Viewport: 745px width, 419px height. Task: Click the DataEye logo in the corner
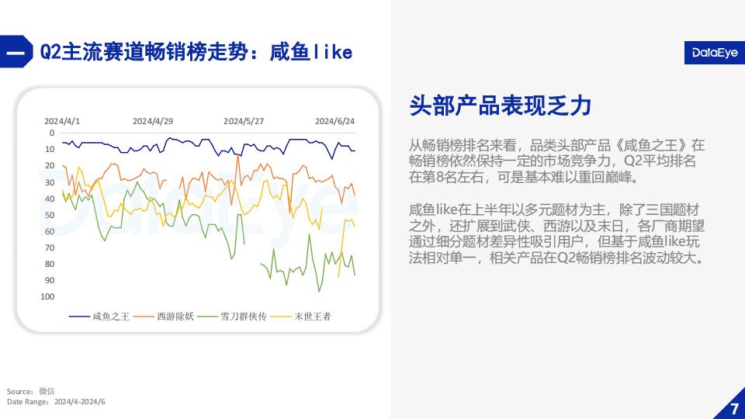coord(715,53)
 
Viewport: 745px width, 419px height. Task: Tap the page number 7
coord(734,409)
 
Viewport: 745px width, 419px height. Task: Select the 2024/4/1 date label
coord(62,121)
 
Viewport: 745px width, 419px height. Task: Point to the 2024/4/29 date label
coord(153,121)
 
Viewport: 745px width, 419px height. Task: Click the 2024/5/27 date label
coord(244,121)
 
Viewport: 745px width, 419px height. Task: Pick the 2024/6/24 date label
coord(334,121)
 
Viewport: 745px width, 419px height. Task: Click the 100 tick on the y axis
coord(47,296)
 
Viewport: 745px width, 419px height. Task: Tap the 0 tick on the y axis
coord(52,133)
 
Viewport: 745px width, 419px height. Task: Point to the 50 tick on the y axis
coord(50,215)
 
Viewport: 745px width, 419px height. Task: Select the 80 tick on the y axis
coord(50,264)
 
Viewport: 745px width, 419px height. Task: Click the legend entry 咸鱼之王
coord(99,317)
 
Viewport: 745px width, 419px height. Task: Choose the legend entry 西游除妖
coord(164,317)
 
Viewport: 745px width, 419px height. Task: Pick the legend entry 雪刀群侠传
coord(232,317)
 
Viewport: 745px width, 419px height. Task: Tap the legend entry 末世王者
coord(301,317)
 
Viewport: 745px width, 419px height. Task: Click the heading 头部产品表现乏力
coord(501,106)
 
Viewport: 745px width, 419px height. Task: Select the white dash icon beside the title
coord(15,52)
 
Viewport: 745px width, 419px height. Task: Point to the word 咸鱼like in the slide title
coord(311,52)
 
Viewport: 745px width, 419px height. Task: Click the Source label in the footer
coord(20,391)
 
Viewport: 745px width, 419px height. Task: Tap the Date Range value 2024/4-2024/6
coord(80,402)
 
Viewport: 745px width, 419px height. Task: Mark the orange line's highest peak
coord(237,155)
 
